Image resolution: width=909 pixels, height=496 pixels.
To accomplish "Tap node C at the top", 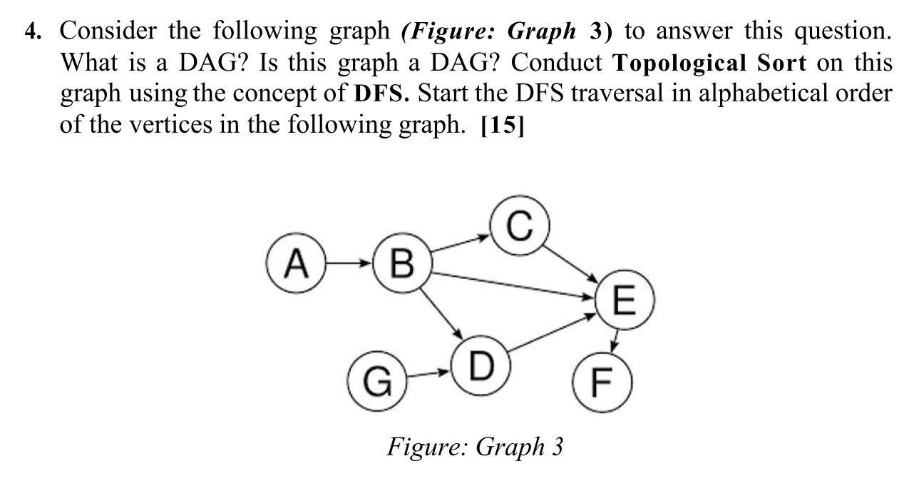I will click(x=520, y=228).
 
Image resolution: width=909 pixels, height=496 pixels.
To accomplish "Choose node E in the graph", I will click(x=622, y=301).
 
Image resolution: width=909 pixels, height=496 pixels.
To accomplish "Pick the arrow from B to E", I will click(x=513, y=284).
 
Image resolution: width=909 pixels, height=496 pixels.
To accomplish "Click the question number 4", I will click(x=32, y=31).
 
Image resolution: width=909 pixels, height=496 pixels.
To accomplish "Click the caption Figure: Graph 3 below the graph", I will click(x=475, y=447).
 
